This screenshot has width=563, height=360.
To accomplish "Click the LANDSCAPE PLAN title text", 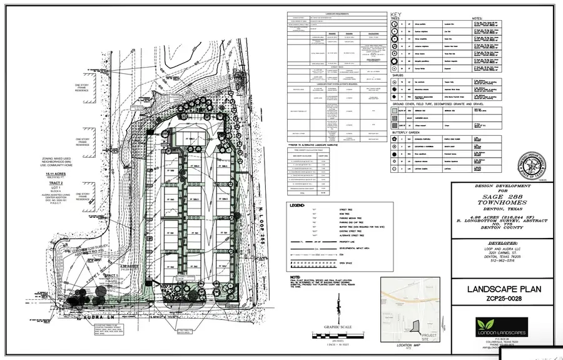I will [504, 289].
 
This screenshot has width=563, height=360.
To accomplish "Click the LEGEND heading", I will [296, 205].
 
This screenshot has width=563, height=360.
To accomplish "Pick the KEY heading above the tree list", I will [395, 14].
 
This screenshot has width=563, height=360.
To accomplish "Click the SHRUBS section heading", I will [398, 75].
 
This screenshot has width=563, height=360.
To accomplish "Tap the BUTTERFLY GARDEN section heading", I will [408, 133].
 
